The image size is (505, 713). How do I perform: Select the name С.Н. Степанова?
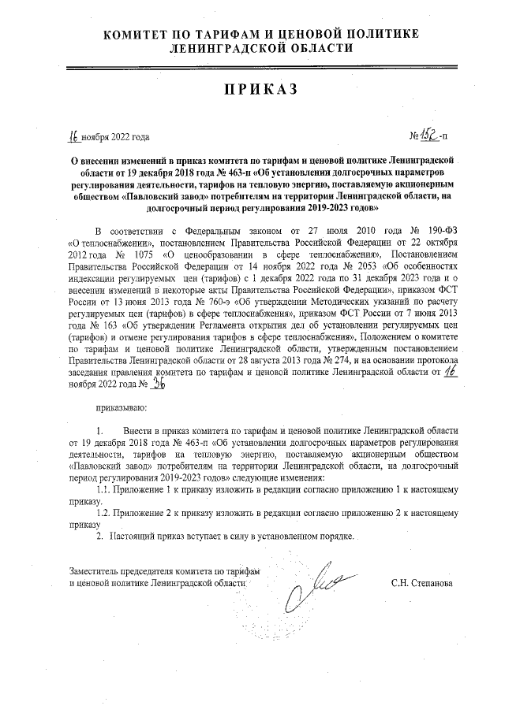tap(422, 584)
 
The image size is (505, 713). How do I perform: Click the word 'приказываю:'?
tap(121, 408)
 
